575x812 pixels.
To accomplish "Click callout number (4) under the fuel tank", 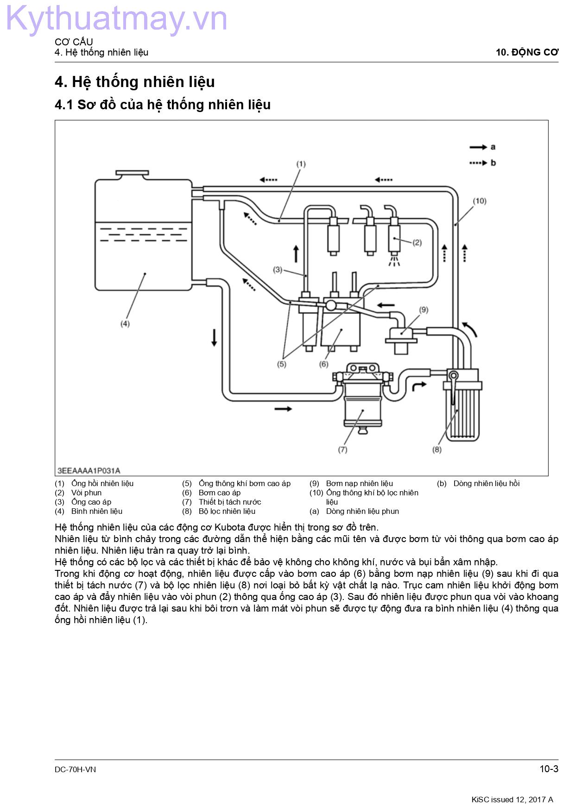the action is pyautogui.click(x=125, y=324).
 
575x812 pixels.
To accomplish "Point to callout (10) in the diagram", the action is pyautogui.click(x=480, y=201).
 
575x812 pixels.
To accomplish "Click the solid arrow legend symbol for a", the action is pyautogui.click(x=478, y=147).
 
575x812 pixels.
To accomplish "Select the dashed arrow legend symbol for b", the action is pyautogui.click(x=478, y=163).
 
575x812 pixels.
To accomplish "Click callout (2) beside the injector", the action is pyautogui.click(x=417, y=243).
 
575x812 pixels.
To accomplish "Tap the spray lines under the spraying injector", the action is pyautogui.click(x=394, y=262).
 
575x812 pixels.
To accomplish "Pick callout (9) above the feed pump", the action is pyautogui.click(x=423, y=310).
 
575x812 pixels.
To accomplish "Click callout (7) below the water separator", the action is pyautogui.click(x=342, y=450).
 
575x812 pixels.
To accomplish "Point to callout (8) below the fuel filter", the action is pyautogui.click(x=437, y=450).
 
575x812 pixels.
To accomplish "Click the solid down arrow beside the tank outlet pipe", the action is pyautogui.click(x=214, y=337).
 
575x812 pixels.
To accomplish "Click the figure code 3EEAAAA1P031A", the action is pyautogui.click(x=89, y=471).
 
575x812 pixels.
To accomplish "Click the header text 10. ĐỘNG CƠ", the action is pyautogui.click(x=527, y=52).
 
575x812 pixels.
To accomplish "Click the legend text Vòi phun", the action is pyautogui.click(x=86, y=493).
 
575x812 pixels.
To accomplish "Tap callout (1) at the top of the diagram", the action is pyautogui.click(x=301, y=164).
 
